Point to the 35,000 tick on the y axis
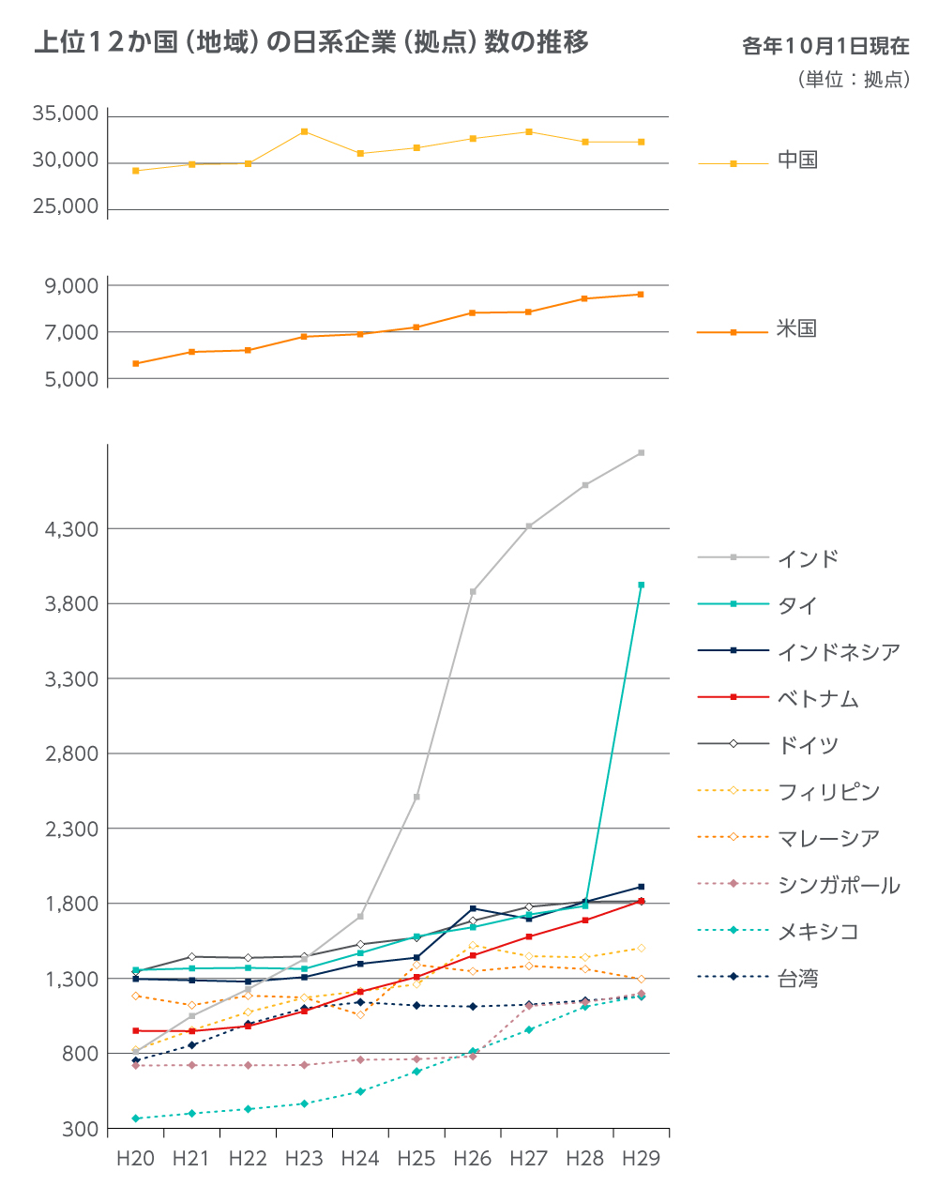66,114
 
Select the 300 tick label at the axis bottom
83,1129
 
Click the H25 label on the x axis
416,1159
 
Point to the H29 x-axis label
642,1159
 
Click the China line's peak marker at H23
305,131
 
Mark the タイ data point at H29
642,585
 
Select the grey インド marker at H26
473,592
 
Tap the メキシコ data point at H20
136,1118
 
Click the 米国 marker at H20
136,363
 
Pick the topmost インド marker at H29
642,452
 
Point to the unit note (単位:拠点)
854,80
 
